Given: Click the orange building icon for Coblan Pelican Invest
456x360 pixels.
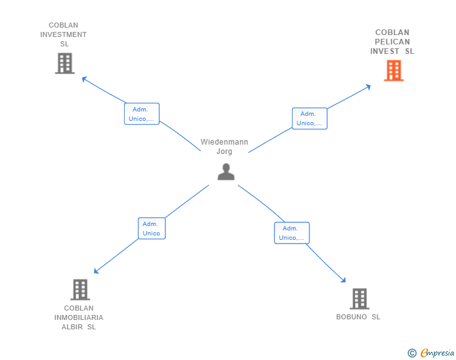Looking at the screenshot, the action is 393,70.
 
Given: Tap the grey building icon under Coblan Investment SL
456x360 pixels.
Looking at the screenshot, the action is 65,63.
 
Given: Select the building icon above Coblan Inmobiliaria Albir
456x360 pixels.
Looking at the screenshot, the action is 80,290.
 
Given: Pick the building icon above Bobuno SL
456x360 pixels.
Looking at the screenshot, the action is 360,299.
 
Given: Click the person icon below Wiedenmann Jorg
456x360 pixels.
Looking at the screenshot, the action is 226,172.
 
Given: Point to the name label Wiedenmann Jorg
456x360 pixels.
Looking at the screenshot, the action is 224,147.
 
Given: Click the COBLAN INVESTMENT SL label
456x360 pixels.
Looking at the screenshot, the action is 63,34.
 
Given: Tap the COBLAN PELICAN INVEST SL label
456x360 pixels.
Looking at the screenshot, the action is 392,41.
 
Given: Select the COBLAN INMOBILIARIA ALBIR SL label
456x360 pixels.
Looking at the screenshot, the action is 79,317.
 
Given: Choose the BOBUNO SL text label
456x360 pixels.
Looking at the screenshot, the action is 358,317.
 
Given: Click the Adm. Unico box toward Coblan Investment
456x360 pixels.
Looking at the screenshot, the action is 142,114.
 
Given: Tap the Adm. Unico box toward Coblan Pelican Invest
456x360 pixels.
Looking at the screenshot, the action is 309,118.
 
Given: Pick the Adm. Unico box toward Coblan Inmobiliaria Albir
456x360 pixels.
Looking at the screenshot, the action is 152,229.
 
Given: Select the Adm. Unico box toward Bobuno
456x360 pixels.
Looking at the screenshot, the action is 292,233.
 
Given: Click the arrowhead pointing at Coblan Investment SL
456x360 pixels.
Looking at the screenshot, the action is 84,78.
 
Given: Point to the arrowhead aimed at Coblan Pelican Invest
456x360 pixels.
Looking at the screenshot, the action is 368,86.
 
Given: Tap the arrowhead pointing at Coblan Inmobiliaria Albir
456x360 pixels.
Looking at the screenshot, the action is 96,271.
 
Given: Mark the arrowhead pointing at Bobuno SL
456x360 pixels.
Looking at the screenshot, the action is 343,280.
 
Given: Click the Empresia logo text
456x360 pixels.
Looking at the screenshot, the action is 437,352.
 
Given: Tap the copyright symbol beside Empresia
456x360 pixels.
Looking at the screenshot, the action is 412,353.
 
